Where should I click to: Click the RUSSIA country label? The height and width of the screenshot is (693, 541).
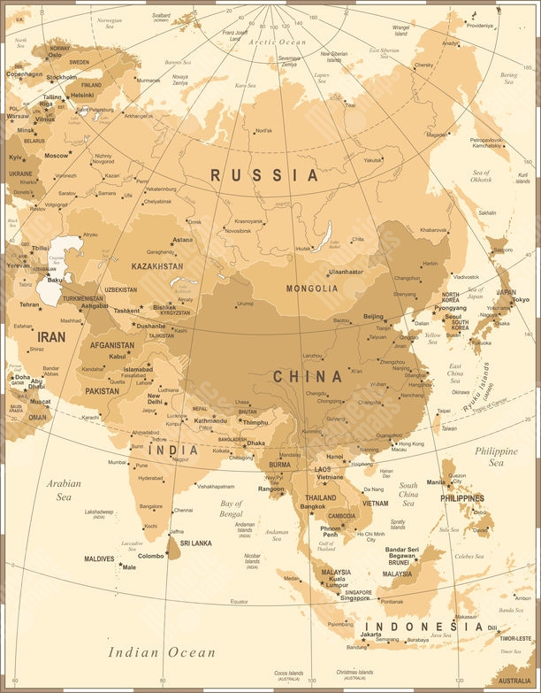[264, 175]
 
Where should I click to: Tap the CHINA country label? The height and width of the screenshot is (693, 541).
[307, 376]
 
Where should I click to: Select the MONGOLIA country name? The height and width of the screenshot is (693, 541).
[311, 289]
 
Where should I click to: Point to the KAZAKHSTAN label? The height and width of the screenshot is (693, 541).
[157, 266]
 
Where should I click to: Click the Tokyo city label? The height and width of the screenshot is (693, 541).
[521, 300]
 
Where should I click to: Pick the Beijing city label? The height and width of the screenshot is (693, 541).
[374, 316]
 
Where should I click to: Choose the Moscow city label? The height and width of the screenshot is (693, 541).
[57, 155]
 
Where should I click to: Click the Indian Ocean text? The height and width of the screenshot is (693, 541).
[162, 652]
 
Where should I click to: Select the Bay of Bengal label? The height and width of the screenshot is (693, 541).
[231, 508]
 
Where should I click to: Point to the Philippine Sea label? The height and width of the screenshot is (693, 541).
[497, 456]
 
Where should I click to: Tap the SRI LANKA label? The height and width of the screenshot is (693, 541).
[195, 543]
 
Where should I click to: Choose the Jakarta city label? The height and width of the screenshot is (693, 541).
[371, 634]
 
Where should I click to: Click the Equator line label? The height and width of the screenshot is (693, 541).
[239, 602]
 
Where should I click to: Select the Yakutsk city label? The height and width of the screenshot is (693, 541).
[374, 160]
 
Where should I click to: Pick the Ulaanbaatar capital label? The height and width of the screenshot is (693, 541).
[346, 272]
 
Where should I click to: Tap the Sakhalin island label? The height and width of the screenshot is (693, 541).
[486, 213]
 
